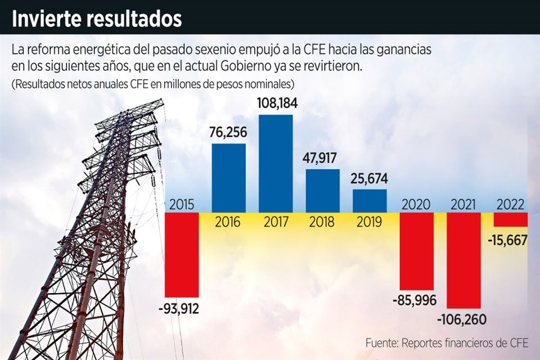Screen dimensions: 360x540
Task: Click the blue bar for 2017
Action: click(x=276, y=163)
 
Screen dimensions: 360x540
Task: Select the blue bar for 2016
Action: click(x=228, y=178)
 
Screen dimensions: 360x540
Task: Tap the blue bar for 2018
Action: click(x=323, y=190)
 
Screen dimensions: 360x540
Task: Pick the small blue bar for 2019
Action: click(x=370, y=201)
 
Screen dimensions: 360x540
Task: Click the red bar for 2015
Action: click(x=182, y=254)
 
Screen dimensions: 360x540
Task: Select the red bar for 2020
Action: click(x=417, y=251)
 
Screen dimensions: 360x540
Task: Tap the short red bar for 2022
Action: click(x=510, y=219)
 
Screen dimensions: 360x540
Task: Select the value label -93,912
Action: click(x=178, y=308)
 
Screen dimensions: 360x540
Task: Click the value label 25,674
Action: click(x=370, y=179)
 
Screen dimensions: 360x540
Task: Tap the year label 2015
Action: click(x=182, y=204)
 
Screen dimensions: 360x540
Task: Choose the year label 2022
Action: click(x=510, y=204)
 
